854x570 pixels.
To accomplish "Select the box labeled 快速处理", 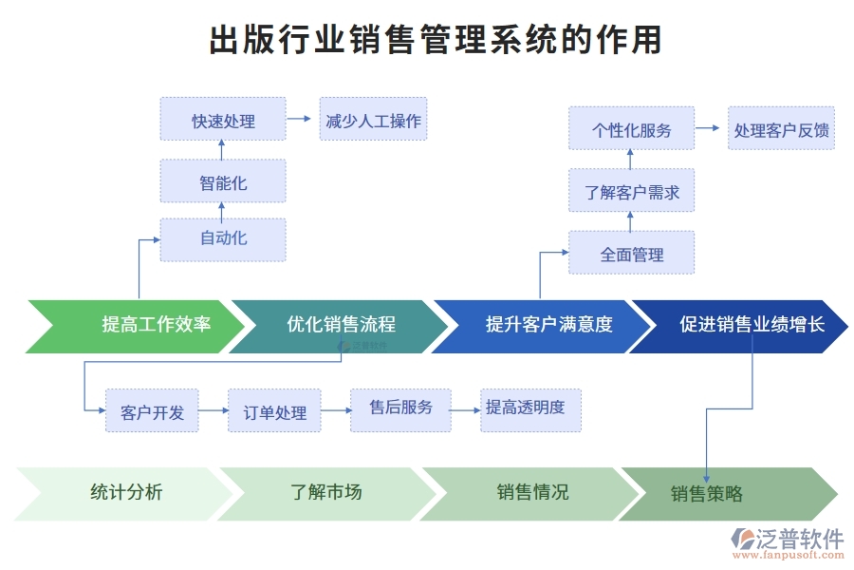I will pos(223,120).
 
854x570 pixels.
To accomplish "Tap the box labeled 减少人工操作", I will pos(373,120).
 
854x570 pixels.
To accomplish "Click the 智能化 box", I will pos(223,181).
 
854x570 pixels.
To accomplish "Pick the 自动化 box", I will pos(223,238).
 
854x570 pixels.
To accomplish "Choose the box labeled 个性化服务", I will pos(631,129).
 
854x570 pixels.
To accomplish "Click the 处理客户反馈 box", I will pos(781,129).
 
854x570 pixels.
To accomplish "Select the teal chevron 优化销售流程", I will pos(341,325).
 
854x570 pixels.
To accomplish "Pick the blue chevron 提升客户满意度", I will pos(543,325).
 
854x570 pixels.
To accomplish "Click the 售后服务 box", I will pos(400,408).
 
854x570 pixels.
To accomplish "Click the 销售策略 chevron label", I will pos(707,494).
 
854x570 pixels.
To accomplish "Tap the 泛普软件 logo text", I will pos(799,539).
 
